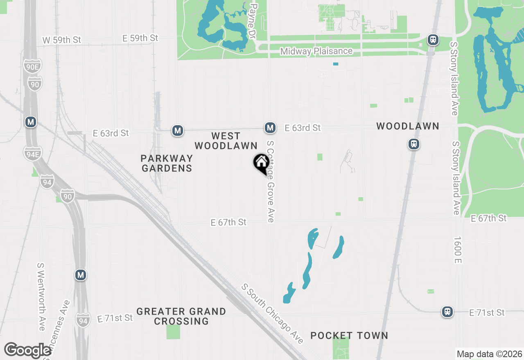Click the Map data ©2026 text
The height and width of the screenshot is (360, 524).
[489, 354]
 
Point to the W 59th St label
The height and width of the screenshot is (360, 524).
[62, 40]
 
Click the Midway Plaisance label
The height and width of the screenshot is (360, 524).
[316, 51]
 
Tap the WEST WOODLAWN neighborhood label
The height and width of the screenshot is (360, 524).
[226, 141]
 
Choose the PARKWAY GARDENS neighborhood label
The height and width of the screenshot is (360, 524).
[167, 163]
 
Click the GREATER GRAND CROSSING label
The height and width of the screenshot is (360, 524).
[181, 316]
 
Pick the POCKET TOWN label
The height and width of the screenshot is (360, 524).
[349, 336]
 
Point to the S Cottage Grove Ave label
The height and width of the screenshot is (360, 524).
[270, 182]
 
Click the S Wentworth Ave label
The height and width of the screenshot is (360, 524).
[41, 297]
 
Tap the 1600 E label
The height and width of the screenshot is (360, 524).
[458, 250]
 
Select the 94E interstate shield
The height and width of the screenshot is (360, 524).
[32, 154]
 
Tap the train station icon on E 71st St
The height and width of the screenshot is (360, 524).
[447, 312]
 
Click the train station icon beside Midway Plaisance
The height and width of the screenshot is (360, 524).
[433, 40]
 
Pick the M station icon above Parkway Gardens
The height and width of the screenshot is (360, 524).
[177, 130]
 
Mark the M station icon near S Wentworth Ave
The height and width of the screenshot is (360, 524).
[81, 275]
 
